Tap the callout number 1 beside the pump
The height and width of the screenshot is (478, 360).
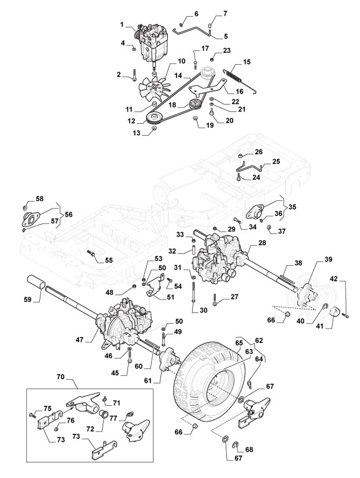(122, 24)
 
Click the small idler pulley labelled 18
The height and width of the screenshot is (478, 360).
(194, 104)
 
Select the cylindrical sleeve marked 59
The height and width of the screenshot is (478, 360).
(37, 283)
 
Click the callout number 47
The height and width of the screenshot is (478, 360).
(80, 339)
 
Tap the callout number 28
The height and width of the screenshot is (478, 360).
(262, 243)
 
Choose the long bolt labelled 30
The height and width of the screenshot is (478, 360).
(193, 292)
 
